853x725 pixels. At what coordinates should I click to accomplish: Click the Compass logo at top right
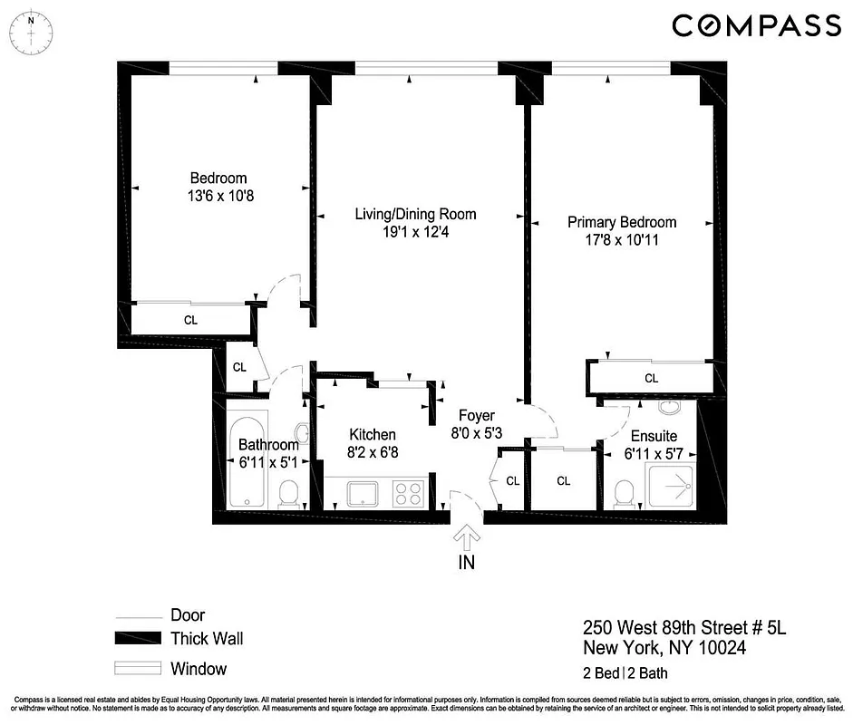point(756,25)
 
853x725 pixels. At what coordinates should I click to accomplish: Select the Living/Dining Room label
point(415,215)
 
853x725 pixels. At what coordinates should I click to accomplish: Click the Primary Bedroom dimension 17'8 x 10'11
point(622,239)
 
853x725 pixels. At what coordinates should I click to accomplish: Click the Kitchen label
point(373,435)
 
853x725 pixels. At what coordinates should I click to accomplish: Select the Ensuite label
point(654,436)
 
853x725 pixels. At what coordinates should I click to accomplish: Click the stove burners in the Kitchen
point(407,495)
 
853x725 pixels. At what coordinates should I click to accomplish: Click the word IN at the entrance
point(467,562)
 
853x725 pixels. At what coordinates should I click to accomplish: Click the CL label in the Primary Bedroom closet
point(651,378)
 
